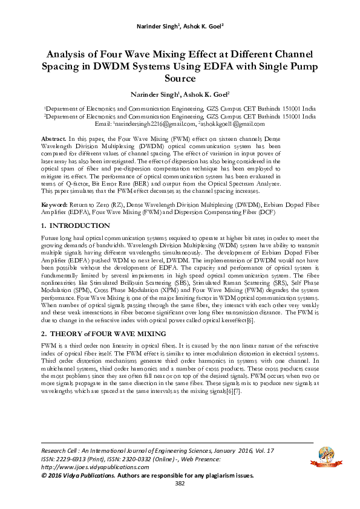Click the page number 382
point(180,501)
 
